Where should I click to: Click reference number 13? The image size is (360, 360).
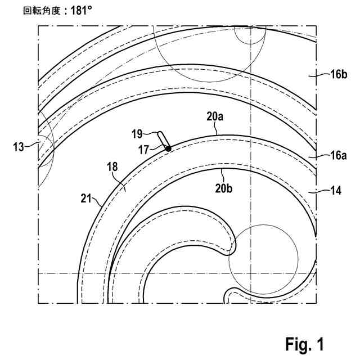[19, 147]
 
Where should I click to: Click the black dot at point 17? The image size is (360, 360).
[168, 148]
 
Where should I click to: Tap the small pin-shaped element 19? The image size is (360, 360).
[163, 139]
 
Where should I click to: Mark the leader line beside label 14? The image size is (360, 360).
[319, 192]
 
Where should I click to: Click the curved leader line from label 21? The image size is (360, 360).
[98, 200]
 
